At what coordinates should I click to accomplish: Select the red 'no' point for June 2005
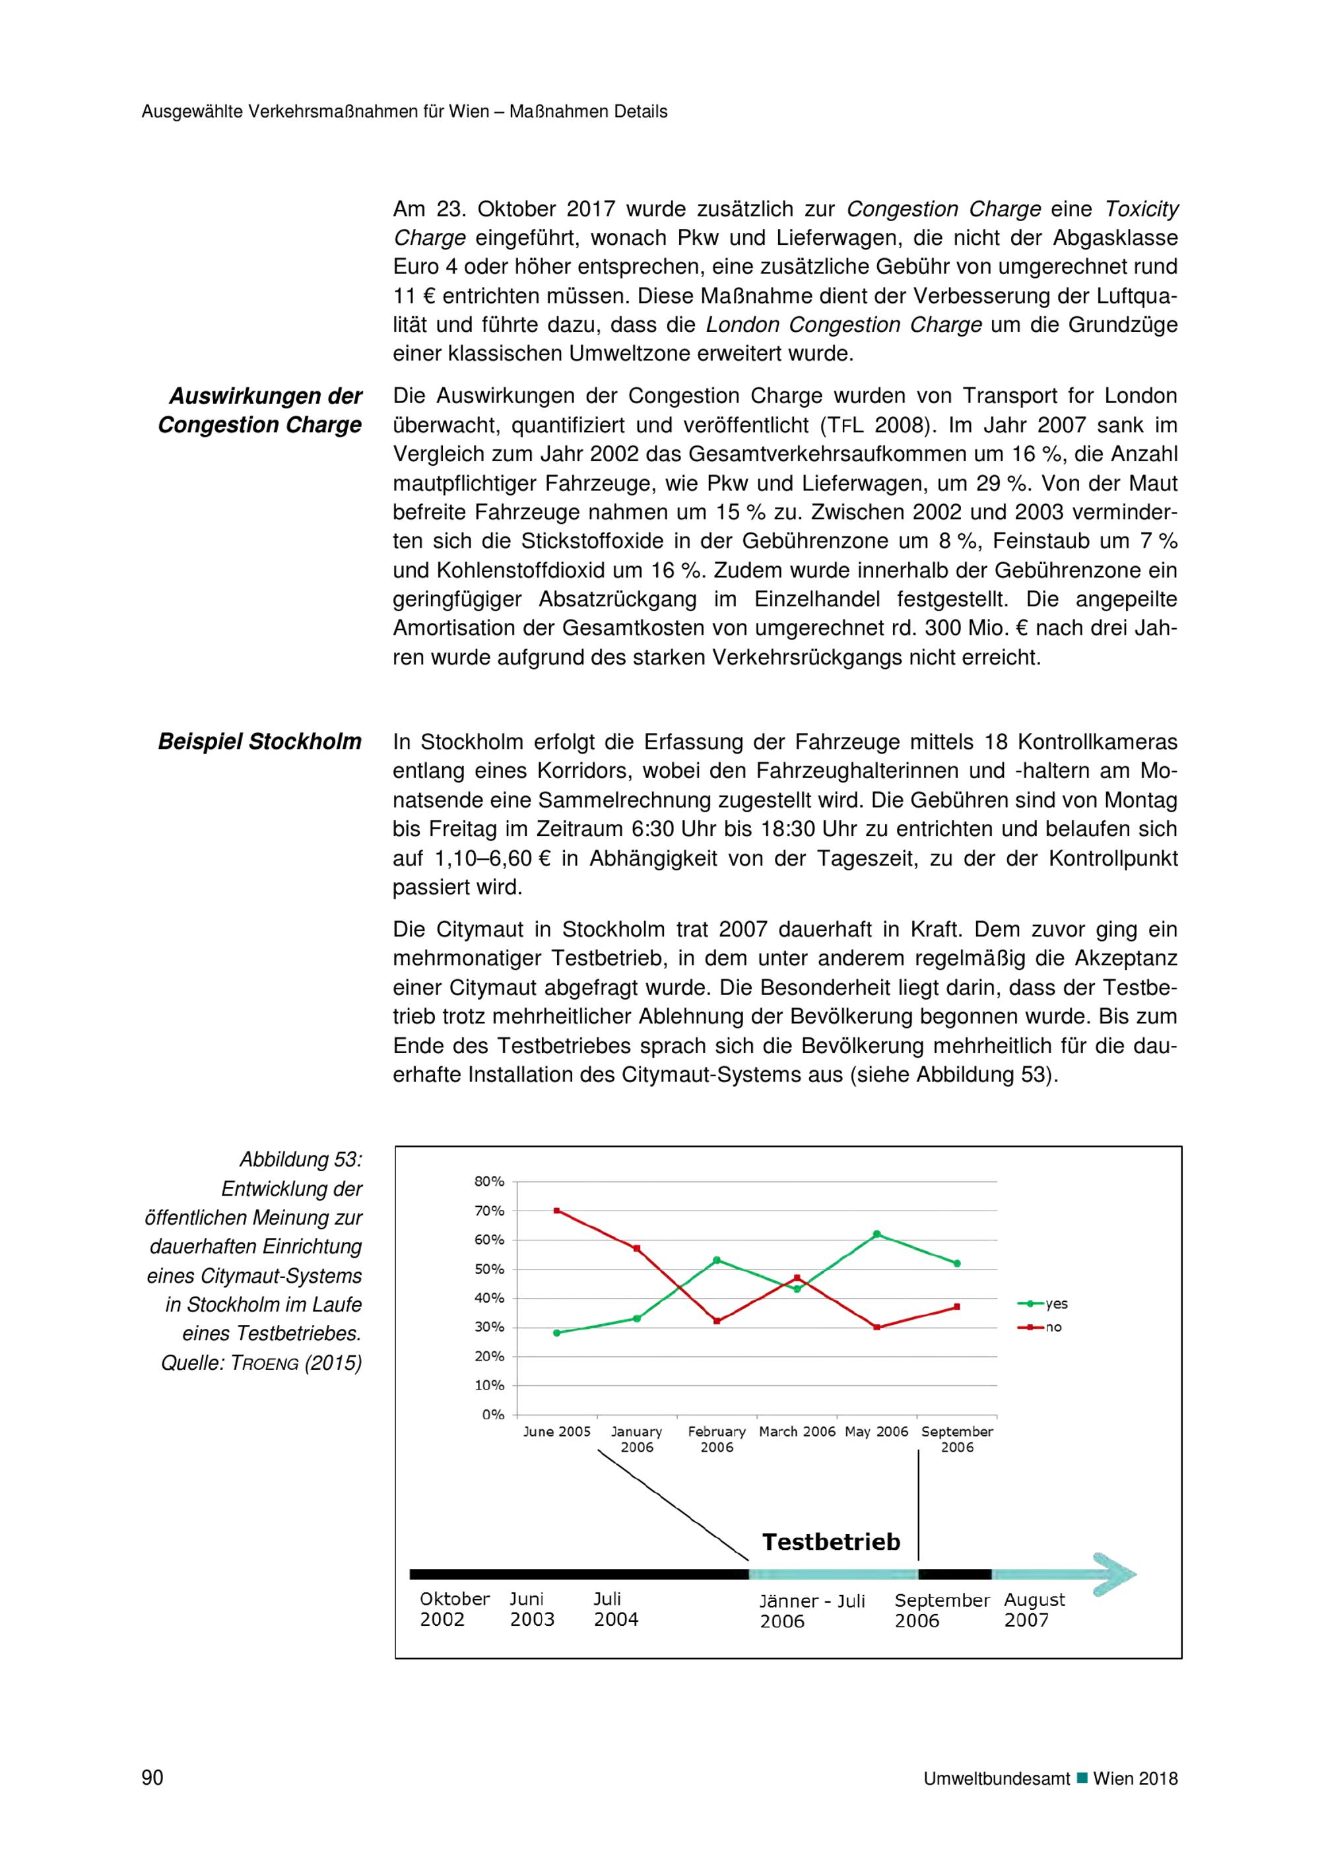coord(557,1211)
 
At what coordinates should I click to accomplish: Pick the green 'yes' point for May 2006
coord(877,1234)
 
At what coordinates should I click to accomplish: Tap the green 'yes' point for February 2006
coord(717,1260)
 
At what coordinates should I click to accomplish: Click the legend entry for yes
coord(1043,1304)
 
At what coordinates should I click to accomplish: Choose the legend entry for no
coord(1041,1327)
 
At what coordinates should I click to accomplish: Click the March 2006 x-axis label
coord(797,1432)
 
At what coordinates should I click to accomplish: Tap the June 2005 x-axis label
coord(557,1432)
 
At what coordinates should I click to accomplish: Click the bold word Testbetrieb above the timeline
coord(831,1542)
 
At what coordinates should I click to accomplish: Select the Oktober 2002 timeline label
coord(454,1609)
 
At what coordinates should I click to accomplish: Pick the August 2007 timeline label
coord(1034,1609)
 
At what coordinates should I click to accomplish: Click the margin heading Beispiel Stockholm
coord(259,742)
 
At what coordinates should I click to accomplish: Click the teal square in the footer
coord(1082,1778)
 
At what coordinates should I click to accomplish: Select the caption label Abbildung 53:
coord(300,1160)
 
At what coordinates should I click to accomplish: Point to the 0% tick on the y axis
coord(492,1415)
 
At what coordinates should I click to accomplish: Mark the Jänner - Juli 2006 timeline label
coord(812,1611)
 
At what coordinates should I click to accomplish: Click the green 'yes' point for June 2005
coord(557,1333)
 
